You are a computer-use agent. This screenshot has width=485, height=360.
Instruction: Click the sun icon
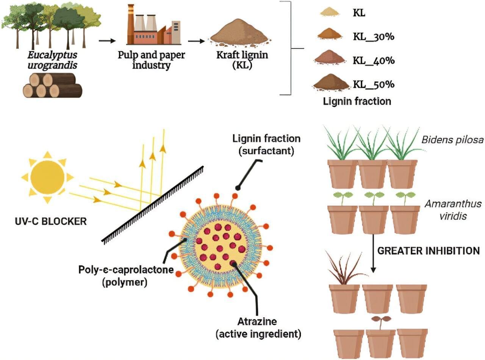click(x=47, y=177)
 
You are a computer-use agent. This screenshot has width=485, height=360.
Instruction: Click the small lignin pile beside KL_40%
click(x=330, y=58)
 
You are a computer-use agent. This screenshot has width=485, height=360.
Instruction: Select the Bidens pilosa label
click(x=452, y=140)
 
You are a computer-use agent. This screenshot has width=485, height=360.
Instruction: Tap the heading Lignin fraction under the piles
click(x=357, y=101)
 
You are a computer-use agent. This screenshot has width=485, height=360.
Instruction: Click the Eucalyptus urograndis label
click(x=52, y=60)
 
